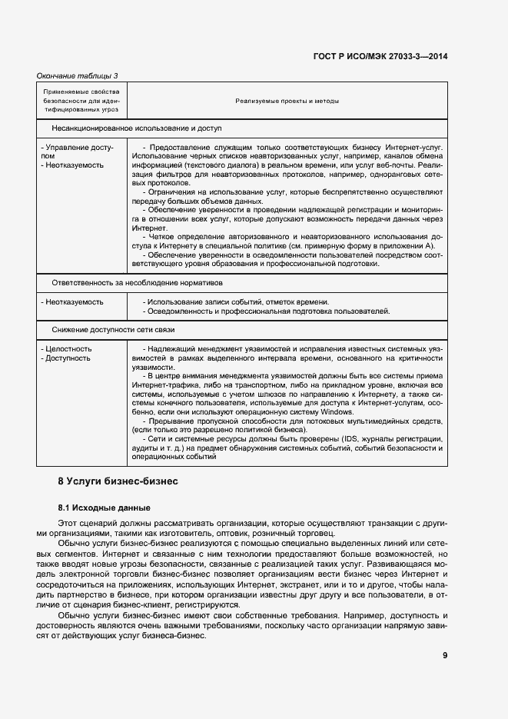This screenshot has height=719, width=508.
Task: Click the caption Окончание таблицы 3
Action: click(x=78, y=75)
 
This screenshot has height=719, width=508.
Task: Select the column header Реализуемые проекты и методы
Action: click(x=287, y=101)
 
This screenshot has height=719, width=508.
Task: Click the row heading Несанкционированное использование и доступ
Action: click(x=137, y=128)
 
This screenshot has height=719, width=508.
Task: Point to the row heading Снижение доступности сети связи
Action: click(x=113, y=330)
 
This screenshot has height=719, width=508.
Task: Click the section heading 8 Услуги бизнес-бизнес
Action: click(x=118, y=481)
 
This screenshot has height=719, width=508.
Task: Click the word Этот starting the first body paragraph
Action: click(x=67, y=524)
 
